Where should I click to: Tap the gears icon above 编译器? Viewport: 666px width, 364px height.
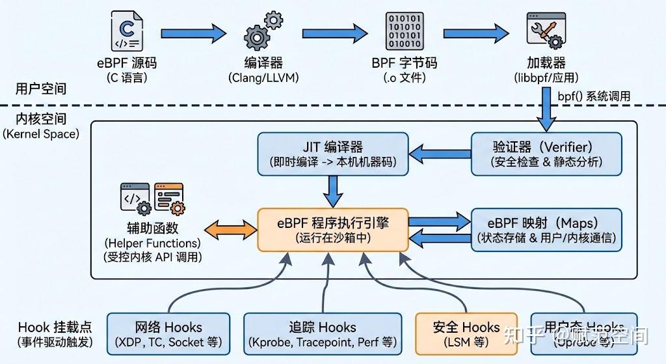coord(263,32)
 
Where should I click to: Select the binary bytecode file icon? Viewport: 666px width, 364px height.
coord(404,32)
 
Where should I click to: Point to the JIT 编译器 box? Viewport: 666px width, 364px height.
coord(333,154)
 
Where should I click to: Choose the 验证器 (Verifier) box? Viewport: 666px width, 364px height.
coord(546,154)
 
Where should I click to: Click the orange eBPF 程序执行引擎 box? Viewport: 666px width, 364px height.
coord(333,229)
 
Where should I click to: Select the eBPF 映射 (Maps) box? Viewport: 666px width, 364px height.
coord(546,229)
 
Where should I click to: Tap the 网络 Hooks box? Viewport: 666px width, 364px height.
coord(168,334)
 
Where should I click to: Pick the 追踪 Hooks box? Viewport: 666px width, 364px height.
coord(323,334)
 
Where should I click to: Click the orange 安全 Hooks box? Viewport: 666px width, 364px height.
coord(466,334)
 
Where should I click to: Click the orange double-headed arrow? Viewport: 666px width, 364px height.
coord(230,229)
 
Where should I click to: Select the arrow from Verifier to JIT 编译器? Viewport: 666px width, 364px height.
coord(440,154)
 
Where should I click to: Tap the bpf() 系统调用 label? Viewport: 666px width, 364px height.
coord(594,96)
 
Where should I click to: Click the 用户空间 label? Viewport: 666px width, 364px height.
coord(40,89)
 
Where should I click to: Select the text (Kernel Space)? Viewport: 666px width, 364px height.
coord(40,134)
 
